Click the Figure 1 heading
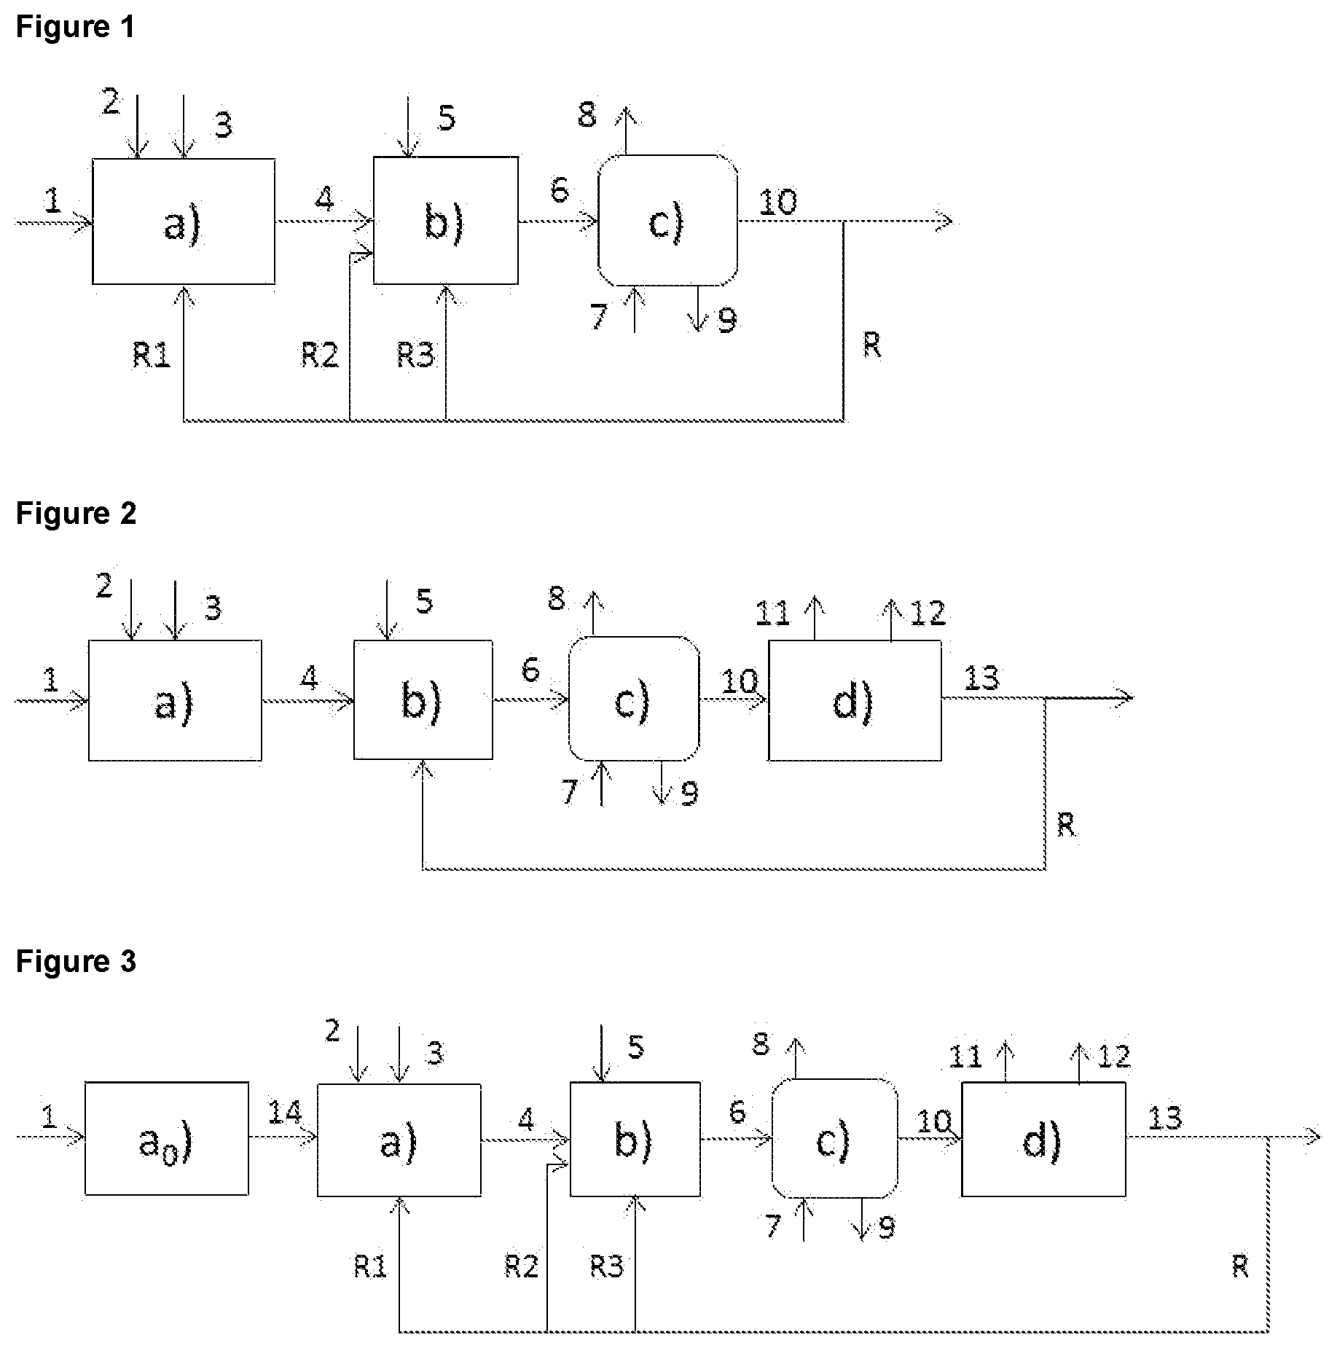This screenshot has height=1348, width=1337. [x=75, y=27]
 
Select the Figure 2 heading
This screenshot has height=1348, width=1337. [x=76, y=514]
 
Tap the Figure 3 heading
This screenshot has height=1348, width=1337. [x=76, y=962]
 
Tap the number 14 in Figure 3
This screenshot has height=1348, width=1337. [x=284, y=1113]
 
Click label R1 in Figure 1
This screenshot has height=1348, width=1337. [x=152, y=355]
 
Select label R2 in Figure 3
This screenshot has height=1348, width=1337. [x=522, y=1267]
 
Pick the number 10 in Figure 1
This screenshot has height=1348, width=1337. [x=778, y=202]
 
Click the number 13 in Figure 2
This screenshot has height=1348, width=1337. [x=981, y=679]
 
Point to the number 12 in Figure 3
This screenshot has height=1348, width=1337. [x=1113, y=1056]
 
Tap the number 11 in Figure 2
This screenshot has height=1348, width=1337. [x=772, y=614]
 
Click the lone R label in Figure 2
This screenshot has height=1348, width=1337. [x=1066, y=826]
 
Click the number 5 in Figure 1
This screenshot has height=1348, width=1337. [x=447, y=118]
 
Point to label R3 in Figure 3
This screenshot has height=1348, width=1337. [x=607, y=1267]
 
